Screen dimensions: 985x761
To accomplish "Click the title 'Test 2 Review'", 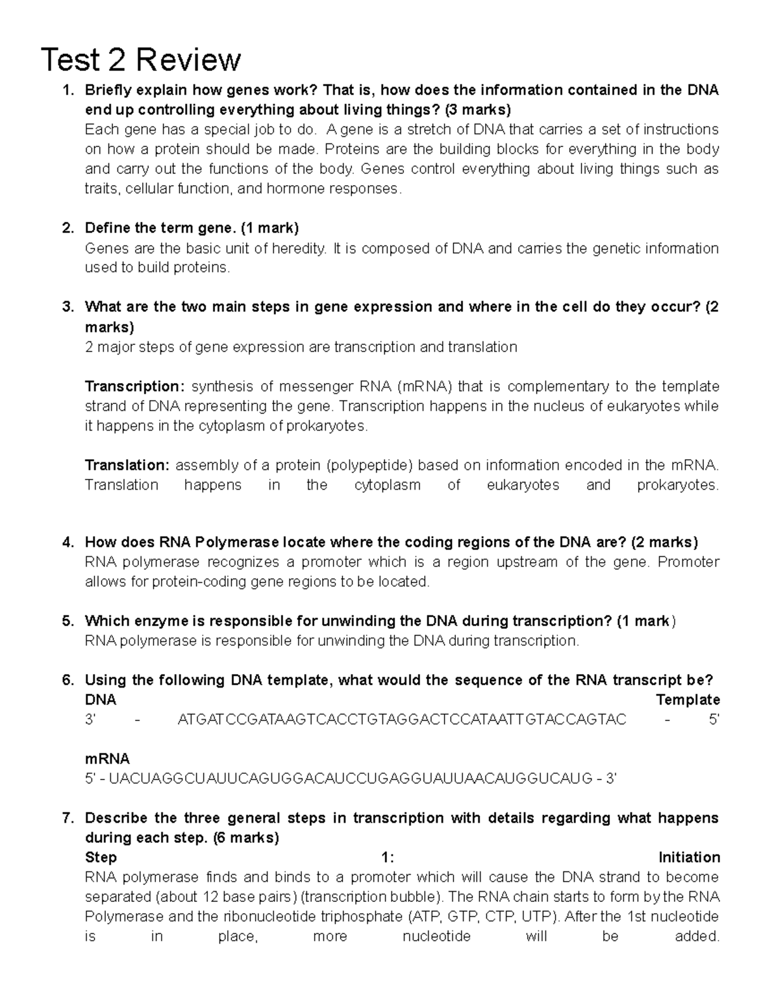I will point(140,60).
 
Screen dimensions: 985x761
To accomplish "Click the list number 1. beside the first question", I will point(68,90).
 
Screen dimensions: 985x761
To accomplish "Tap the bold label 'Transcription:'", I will point(134,386).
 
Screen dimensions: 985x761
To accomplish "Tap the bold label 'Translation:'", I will point(127,465).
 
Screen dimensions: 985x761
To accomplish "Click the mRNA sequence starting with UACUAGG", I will point(350,778).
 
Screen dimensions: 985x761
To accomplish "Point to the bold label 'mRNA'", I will point(107,759).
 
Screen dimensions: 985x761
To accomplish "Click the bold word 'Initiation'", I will point(689,858).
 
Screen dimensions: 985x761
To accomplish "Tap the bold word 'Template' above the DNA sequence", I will point(687,700).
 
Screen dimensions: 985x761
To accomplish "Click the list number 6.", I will point(68,680).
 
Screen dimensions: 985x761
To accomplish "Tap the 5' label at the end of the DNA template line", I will point(713,719).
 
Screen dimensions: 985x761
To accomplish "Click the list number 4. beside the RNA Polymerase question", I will point(68,542).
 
